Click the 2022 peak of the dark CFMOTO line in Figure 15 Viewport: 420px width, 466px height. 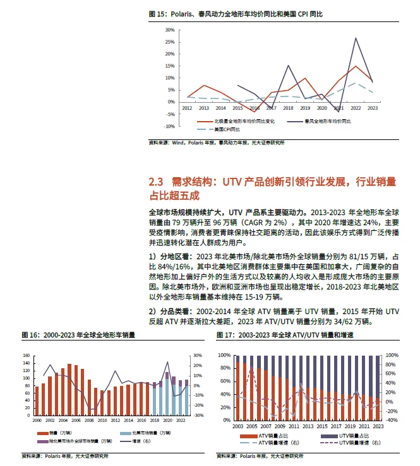pyautogui.click(x=356, y=38)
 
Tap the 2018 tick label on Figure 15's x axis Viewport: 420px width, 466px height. pyautogui.click(x=289, y=108)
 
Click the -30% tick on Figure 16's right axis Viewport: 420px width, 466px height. pyautogui.click(x=197, y=416)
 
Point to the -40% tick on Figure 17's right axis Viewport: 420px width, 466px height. pyautogui.click(x=391, y=420)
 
